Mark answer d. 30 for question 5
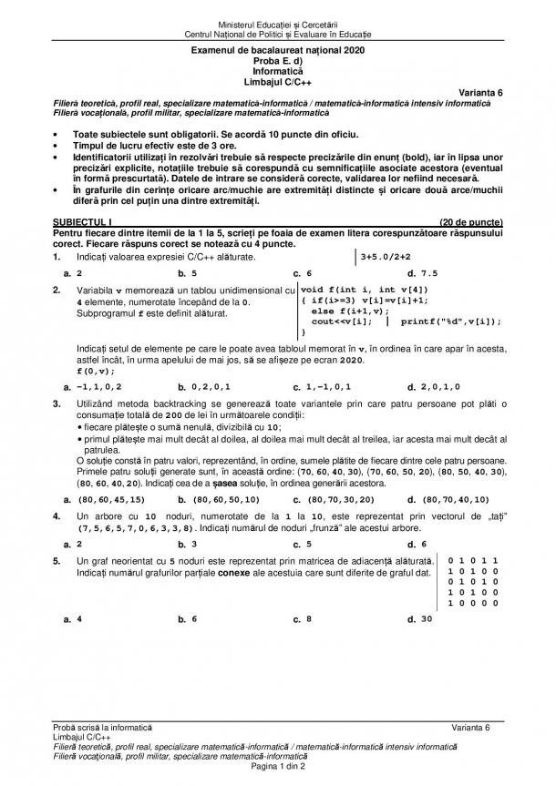[x=420, y=619]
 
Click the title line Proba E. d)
[x=277, y=59]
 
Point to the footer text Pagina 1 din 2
[x=277, y=767]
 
